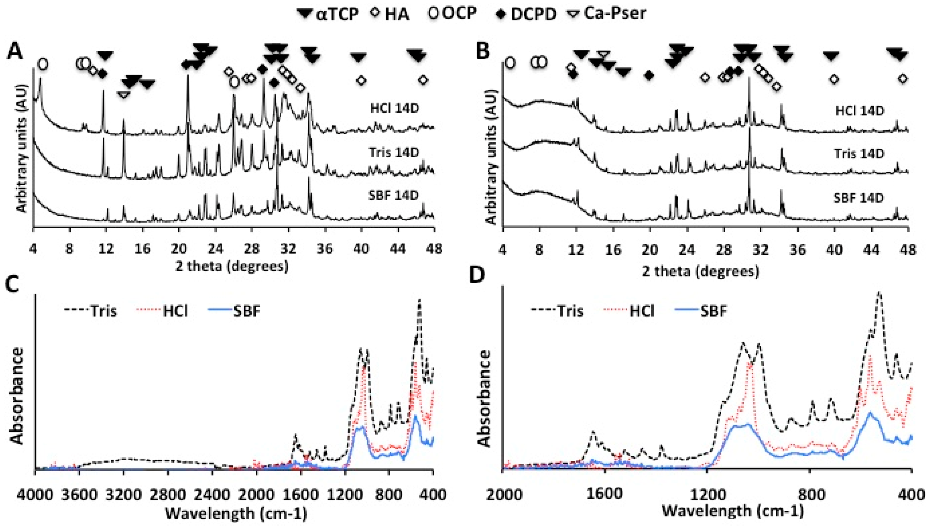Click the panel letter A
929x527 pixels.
pyautogui.click(x=15, y=51)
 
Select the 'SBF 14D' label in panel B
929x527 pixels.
pyautogui.click(x=859, y=198)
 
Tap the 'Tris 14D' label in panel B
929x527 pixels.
pyautogui.click(x=859, y=154)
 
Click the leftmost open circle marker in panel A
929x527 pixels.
pyautogui.click(x=43, y=64)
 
